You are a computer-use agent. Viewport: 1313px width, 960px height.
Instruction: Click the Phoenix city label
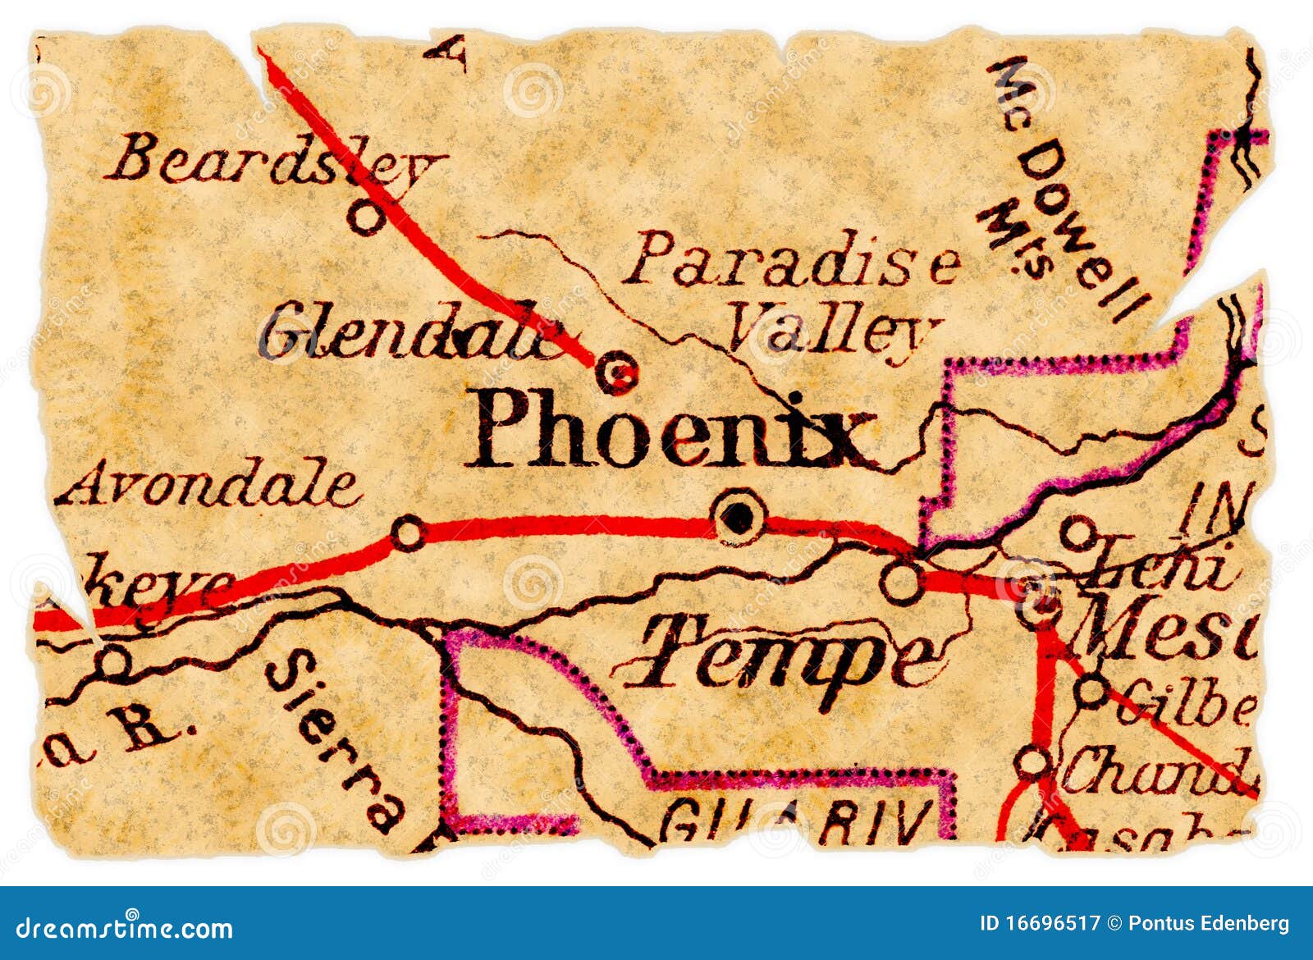[669, 428]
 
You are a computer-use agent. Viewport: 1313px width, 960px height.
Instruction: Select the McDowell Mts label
[1059, 189]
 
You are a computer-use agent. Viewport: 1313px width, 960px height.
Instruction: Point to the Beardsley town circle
[365, 217]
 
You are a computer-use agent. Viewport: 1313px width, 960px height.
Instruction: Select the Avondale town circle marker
[408, 534]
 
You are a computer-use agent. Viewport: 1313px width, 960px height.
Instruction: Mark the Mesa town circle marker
[1038, 607]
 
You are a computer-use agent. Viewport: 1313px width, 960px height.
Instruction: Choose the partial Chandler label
[1157, 771]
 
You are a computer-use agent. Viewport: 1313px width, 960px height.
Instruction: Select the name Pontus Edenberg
[1208, 924]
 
